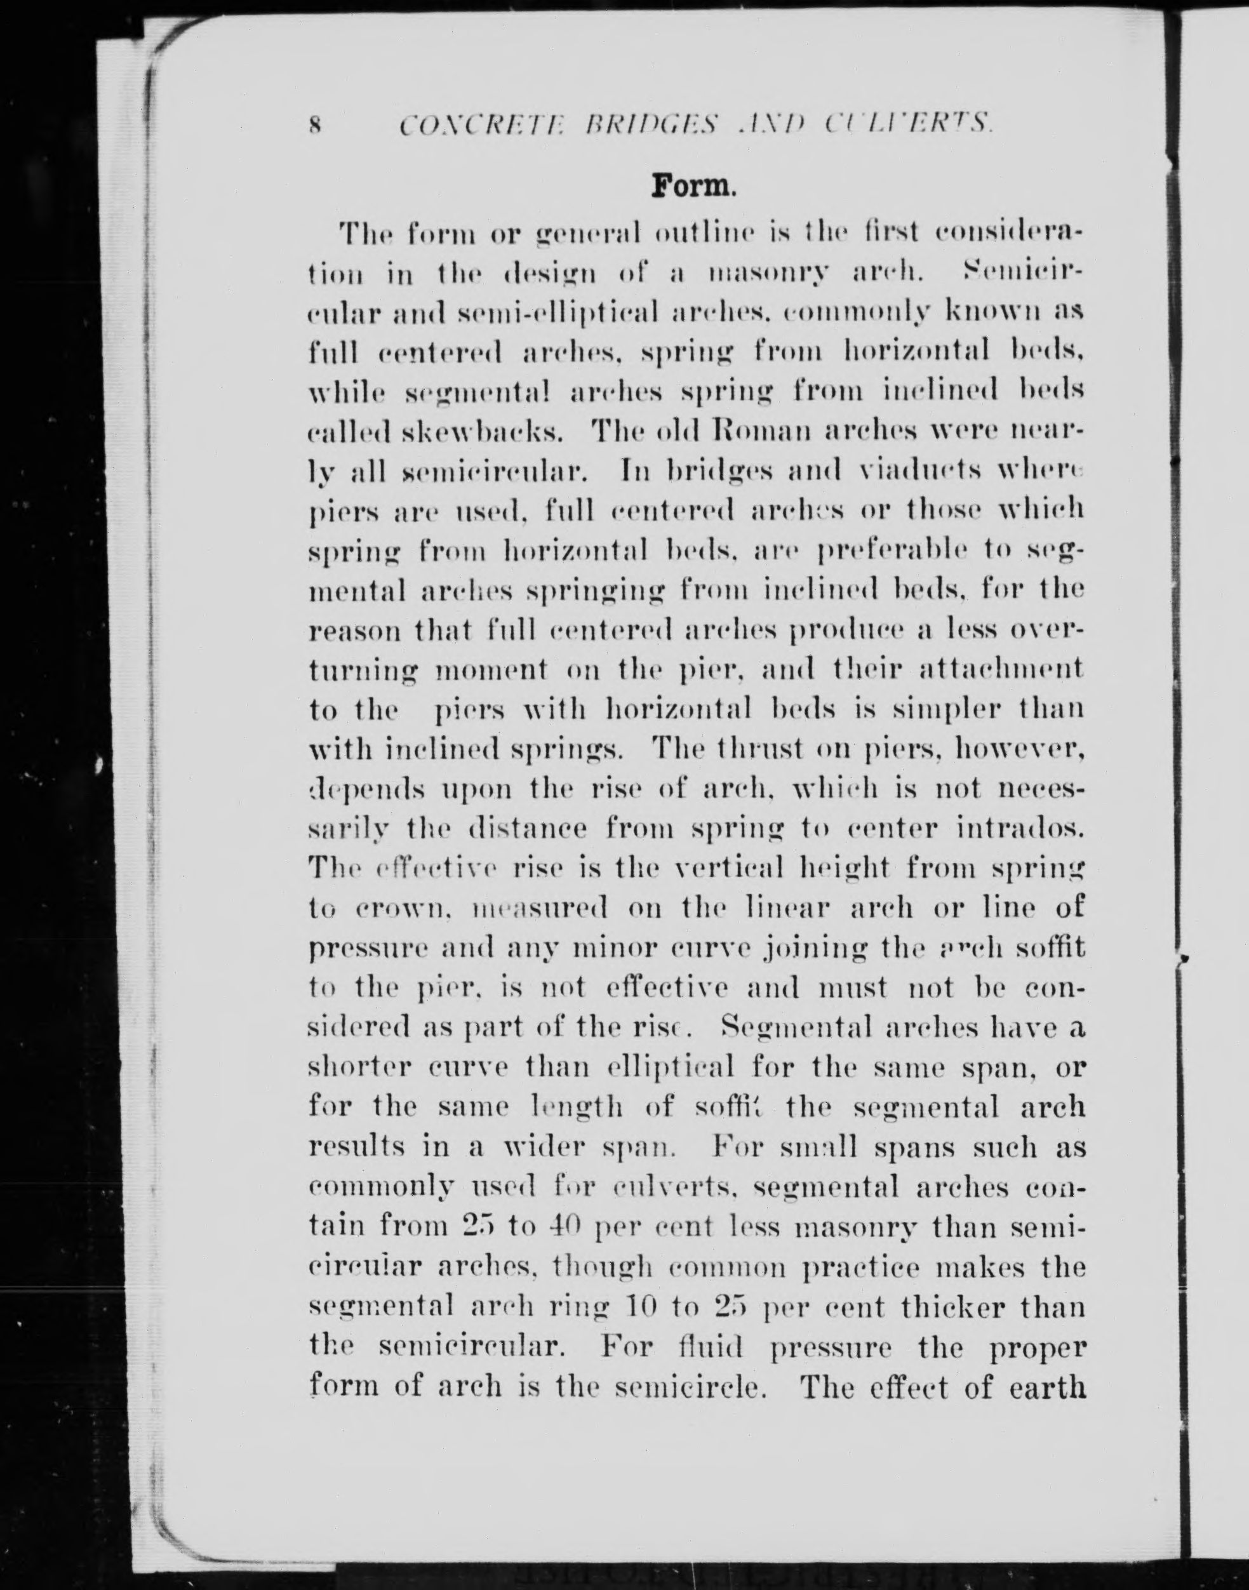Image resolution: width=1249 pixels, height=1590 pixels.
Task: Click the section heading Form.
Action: [691, 186]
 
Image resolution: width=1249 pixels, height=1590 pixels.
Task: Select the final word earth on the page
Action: [1046, 1387]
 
